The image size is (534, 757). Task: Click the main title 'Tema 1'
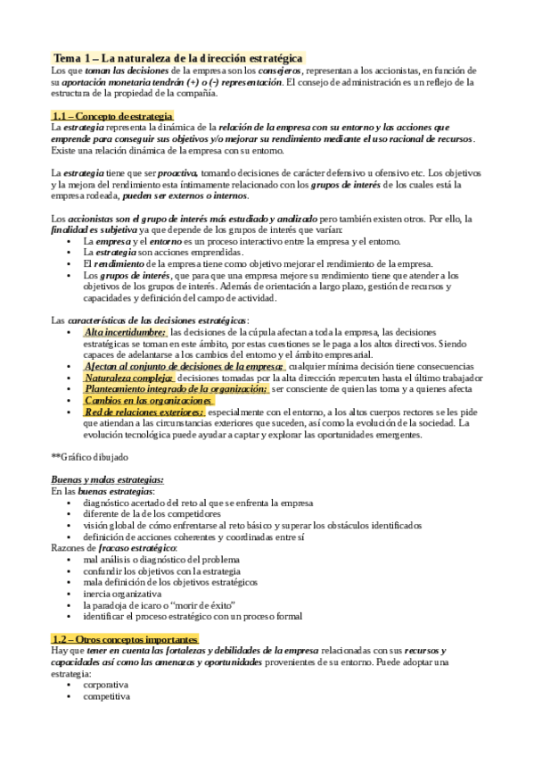(177, 57)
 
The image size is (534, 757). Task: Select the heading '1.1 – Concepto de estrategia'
(111, 116)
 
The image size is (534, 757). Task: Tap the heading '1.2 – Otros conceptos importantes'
(125, 638)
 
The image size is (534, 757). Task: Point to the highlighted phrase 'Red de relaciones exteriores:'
(144, 412)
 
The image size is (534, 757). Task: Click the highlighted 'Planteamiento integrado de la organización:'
(176, 389)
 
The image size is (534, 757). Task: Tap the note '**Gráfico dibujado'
(90, 456)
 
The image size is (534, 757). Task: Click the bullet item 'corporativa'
(106, 685)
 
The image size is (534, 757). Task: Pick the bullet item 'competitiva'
(106, 696)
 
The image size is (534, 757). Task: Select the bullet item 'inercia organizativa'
(122, 593)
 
